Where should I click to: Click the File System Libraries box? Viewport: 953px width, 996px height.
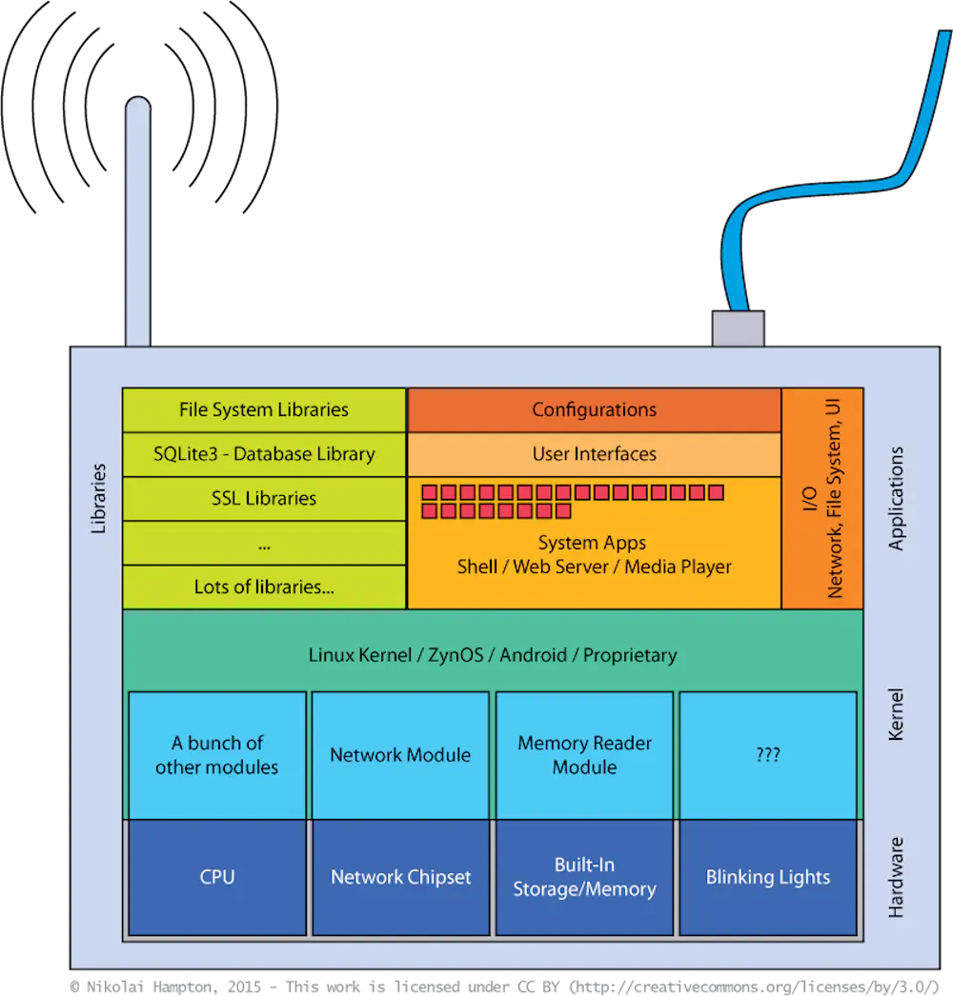pyautogui.click(x=264, y=410)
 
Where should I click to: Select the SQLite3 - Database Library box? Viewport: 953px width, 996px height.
pyautogui.click(x=264, y=454)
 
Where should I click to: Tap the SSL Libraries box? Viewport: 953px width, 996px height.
pyautogui.click(x=264, y=498)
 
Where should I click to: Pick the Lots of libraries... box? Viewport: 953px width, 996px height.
pyautogui.click(x=264, y=587)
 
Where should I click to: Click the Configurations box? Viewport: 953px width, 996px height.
pyautogui.click(x=594, y=409)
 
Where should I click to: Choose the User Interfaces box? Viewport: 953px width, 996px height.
pyautogui.click(x=594, y=454)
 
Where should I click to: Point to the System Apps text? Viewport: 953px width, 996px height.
pyautogui.click(x=592, y=543)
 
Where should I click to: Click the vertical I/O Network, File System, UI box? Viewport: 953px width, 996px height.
pyautogui.click(x=821, y=498)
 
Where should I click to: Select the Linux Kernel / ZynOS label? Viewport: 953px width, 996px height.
pyautogui.click(x=492, y=655)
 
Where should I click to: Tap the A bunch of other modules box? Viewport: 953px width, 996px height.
pyautogui.click(x=217, y=754)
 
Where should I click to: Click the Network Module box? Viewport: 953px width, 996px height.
pyautogui.click(x=400, y=754)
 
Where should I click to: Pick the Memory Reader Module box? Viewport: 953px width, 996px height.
pyautogui.click(x=584, y=754)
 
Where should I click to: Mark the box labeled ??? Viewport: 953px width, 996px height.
pyautogui.click(x=767, y=754)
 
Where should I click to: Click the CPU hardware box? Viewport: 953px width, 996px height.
pyautogui.click(x=217, y=877)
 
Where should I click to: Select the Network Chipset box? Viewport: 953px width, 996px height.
pyautogui.click(x=400, y=877)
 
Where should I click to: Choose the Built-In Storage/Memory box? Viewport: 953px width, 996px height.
pyautogui.click(x=584, y=877)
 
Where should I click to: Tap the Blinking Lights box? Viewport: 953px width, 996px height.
pyautogui.click(x=767, y=877)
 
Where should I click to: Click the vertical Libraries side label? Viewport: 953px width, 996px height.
pyautogui.click(x=99, y=498)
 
